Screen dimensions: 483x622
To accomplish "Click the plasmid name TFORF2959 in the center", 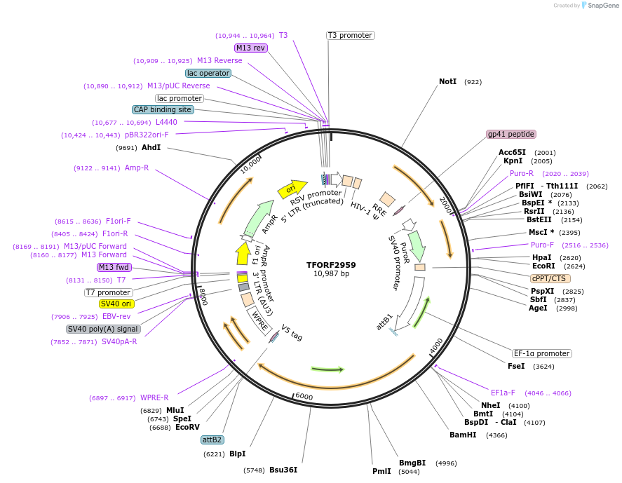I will point(331,265).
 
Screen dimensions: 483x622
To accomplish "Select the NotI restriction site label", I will point(447,81).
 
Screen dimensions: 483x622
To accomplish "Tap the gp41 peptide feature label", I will point(511,134).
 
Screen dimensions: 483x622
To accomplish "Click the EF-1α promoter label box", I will point(541,353).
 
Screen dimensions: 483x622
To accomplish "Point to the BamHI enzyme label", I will point(463,435).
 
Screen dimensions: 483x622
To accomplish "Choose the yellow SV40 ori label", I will point(116,304).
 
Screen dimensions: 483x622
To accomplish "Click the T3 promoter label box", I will point(350,35).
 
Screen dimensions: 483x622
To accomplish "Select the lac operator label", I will point(208,73).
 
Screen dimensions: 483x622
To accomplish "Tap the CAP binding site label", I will point(163,109).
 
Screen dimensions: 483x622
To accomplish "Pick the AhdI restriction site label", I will point(151,148).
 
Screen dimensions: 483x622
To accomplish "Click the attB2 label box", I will point(212,440).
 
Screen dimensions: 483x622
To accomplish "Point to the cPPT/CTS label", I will point(550,278).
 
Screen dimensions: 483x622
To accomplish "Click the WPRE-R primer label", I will point(154,397).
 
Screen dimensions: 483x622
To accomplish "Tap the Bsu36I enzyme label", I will point(283,470).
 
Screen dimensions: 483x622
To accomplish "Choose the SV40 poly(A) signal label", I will point(103,329).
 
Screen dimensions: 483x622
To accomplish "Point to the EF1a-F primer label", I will point(503,393).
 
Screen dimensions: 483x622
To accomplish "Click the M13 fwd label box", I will point(114,267).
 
